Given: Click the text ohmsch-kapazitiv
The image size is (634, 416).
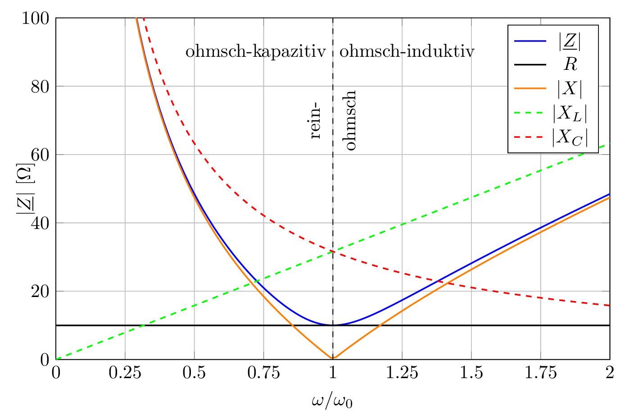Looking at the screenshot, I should (255, 52).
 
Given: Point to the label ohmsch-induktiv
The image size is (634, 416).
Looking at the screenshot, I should (407, 52).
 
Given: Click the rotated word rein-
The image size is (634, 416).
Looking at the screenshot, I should (315, 120).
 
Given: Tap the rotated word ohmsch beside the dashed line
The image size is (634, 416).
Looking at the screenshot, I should (350, 120).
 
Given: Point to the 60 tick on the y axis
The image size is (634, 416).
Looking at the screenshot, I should (40, 155).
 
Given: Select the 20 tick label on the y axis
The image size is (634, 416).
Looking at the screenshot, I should (40, 292).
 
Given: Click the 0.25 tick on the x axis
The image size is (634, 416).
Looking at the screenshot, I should (125, 373).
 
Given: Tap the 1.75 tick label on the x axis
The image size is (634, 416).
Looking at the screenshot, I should (540, 373).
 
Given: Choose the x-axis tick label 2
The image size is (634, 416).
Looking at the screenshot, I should (610, 373).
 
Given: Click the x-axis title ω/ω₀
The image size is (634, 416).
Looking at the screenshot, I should (332, 401).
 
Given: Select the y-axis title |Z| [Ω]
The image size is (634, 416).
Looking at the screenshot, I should (26, 189).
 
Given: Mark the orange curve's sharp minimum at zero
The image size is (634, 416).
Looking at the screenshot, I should (333, 359).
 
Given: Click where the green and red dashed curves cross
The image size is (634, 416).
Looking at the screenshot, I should (333, 251).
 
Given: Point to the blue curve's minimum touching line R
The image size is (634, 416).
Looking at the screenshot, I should (333, 325).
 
